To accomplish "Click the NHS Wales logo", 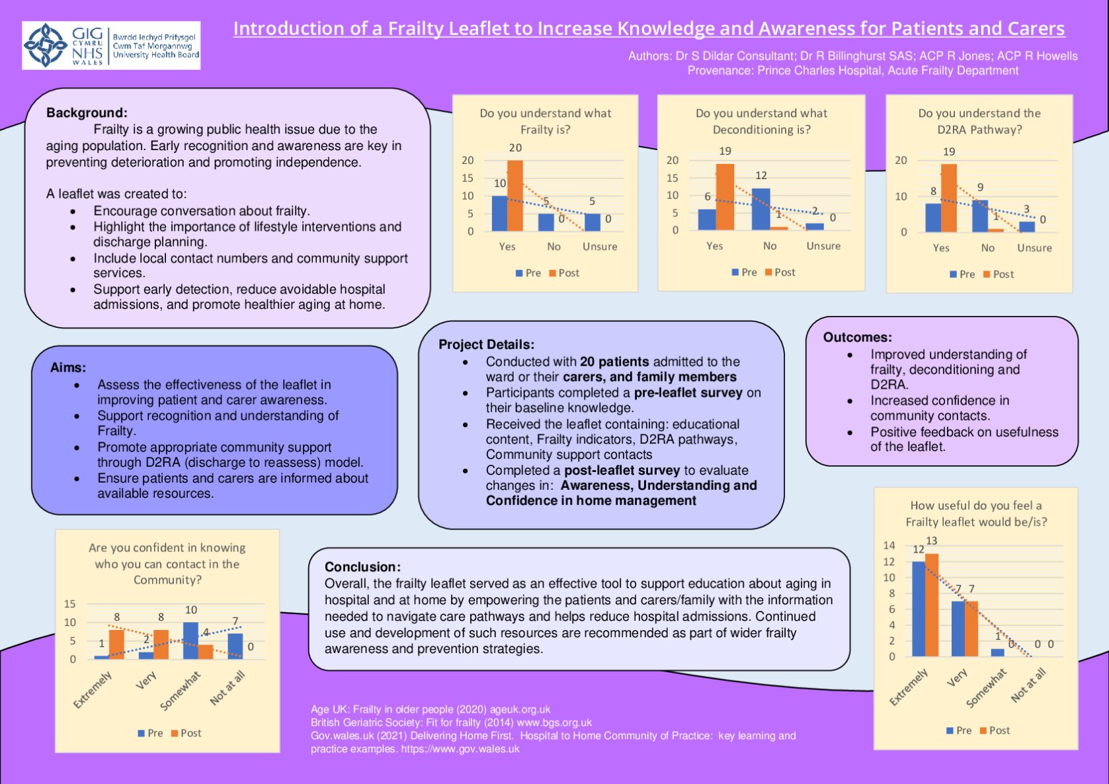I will pos(110,45).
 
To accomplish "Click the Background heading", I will pos(87,112).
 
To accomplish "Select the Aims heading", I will pos(68,368).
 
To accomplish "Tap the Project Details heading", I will pos(486,344).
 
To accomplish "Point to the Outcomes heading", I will pos(857,337).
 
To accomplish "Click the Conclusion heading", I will pos(362,567).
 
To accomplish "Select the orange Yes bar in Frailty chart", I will pos(515,196).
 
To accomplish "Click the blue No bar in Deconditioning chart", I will pos(760,209).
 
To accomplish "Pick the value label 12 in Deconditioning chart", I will pos(761,175).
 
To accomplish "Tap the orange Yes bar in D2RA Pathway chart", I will pos(949,198).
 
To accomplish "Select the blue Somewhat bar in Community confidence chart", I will pos(190,640).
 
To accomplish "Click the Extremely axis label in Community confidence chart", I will pos(93,689).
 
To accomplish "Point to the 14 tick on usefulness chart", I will pos(889,545).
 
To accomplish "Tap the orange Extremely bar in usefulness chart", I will pos(932,605).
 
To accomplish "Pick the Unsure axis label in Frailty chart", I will pos(600,247).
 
